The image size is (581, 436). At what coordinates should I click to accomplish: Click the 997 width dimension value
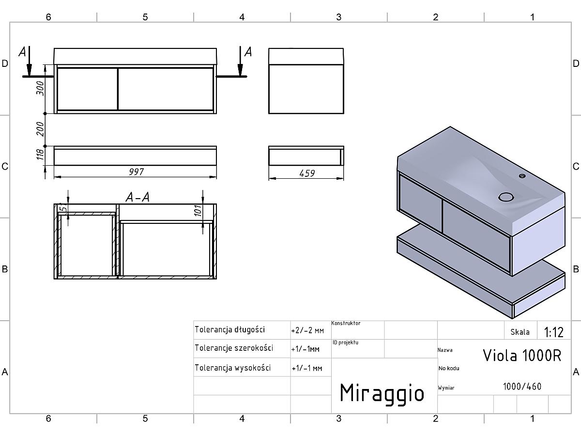tap(137, 172)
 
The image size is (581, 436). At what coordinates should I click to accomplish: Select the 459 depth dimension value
tap(307, 173)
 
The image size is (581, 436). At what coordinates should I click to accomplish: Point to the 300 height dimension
tap(40, 88)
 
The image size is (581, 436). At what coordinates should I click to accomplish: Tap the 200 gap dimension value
tap(40, 129)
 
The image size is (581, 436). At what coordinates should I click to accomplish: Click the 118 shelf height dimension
tap(40, 155)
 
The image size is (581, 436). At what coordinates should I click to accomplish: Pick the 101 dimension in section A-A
tap(198, 211)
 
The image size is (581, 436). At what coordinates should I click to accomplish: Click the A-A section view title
tap(138, 197)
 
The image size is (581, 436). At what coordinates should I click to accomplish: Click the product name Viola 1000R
tap(522, 355)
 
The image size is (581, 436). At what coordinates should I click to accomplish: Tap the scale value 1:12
tap(553, 332)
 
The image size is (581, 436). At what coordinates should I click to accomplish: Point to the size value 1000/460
tap(522, 387)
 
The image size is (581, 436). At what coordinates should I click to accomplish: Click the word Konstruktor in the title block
tap(346, 323)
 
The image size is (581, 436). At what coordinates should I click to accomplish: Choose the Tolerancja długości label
tap(230, 329)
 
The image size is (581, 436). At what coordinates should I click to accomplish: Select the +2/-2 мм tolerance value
tap(307, 331)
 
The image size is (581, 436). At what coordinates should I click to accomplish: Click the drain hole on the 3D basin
tap(506, 197)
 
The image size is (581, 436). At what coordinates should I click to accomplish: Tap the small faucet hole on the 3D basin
tap(522, 176)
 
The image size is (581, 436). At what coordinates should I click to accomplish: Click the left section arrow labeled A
tap(29, 62)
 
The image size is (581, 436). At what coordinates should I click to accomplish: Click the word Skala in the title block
tap(520, 332)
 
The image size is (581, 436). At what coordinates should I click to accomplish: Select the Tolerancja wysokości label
tap(233, 368)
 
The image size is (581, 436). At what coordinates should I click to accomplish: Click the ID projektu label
tap(345, 343)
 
